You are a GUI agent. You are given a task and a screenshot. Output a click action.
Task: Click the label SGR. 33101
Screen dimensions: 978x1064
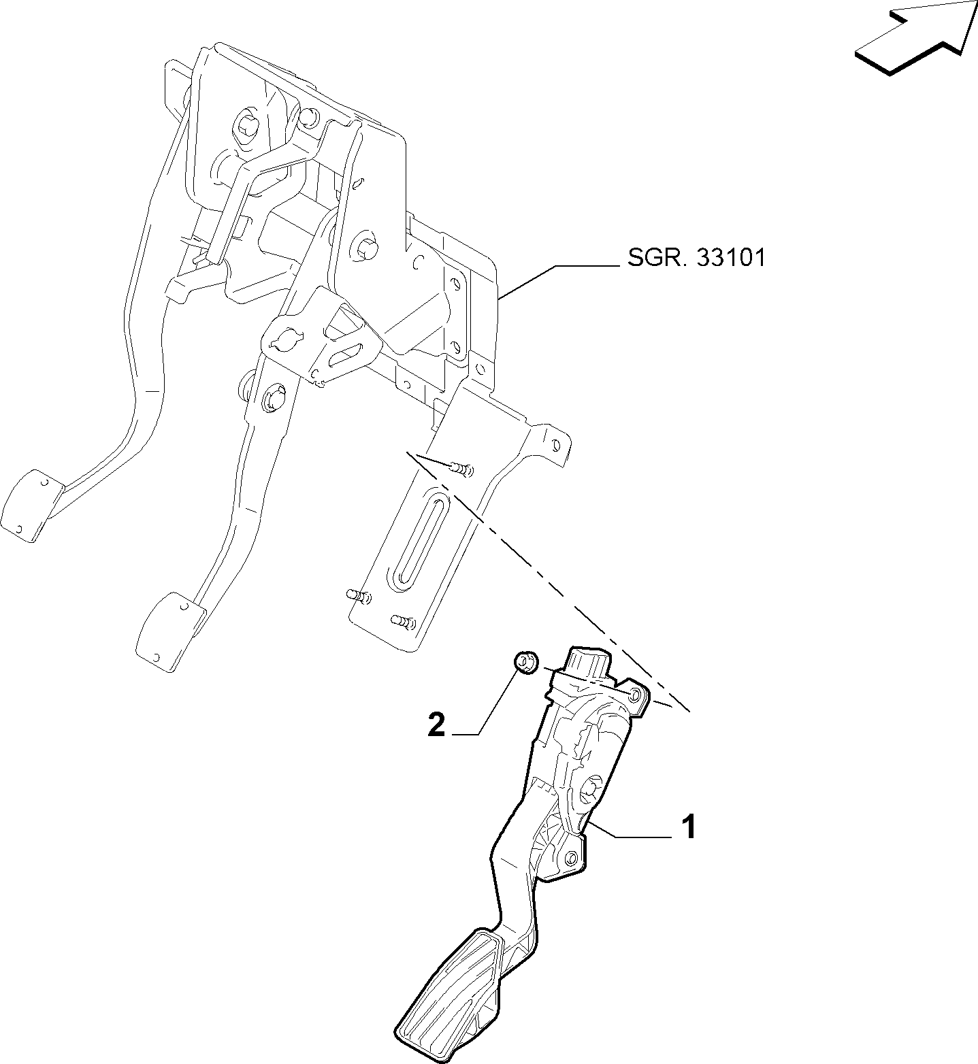coord(696,258)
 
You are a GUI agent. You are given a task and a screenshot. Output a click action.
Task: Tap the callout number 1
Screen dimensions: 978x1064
coord(689,827)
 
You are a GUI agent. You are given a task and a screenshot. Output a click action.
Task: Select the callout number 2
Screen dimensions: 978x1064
coord(436,725)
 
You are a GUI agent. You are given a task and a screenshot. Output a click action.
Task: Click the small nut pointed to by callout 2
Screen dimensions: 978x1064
coord(526,661)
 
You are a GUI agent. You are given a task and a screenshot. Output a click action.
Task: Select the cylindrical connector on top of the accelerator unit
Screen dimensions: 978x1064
coord(587,662)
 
